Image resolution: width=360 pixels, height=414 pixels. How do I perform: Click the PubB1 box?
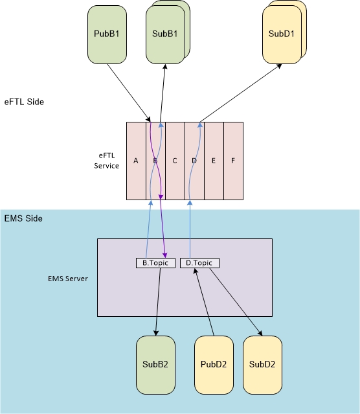(107, 34)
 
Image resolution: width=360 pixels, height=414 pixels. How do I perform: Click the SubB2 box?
(155, 365)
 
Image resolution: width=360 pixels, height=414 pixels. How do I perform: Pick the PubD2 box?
(214, 365)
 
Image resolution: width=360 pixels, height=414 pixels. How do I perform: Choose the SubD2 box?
(263, 365)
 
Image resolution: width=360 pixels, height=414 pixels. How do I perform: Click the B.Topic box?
(155, 263)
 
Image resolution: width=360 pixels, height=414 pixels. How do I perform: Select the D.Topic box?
(199, 263)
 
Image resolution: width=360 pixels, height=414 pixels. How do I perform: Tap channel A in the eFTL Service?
(136, 161)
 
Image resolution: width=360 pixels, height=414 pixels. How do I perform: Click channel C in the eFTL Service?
(175, 161)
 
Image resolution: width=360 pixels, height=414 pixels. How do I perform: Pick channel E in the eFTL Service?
(214, 161)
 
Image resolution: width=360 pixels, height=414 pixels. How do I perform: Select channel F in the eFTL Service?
(233, 161)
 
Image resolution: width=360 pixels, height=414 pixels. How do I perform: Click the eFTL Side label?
(24, 102)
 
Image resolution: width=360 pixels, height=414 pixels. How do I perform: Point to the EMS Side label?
(23, 218)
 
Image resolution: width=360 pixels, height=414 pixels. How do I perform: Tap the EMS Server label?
(68, 279)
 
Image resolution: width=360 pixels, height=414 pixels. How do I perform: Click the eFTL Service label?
(107, 161)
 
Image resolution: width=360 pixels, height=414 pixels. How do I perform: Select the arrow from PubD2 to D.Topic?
(205, 302)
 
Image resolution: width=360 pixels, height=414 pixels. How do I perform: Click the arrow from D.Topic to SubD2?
(236, 302)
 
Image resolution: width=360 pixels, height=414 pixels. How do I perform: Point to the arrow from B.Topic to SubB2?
(158, 302)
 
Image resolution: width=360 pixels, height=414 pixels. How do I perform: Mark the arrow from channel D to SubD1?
(241, 93)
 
